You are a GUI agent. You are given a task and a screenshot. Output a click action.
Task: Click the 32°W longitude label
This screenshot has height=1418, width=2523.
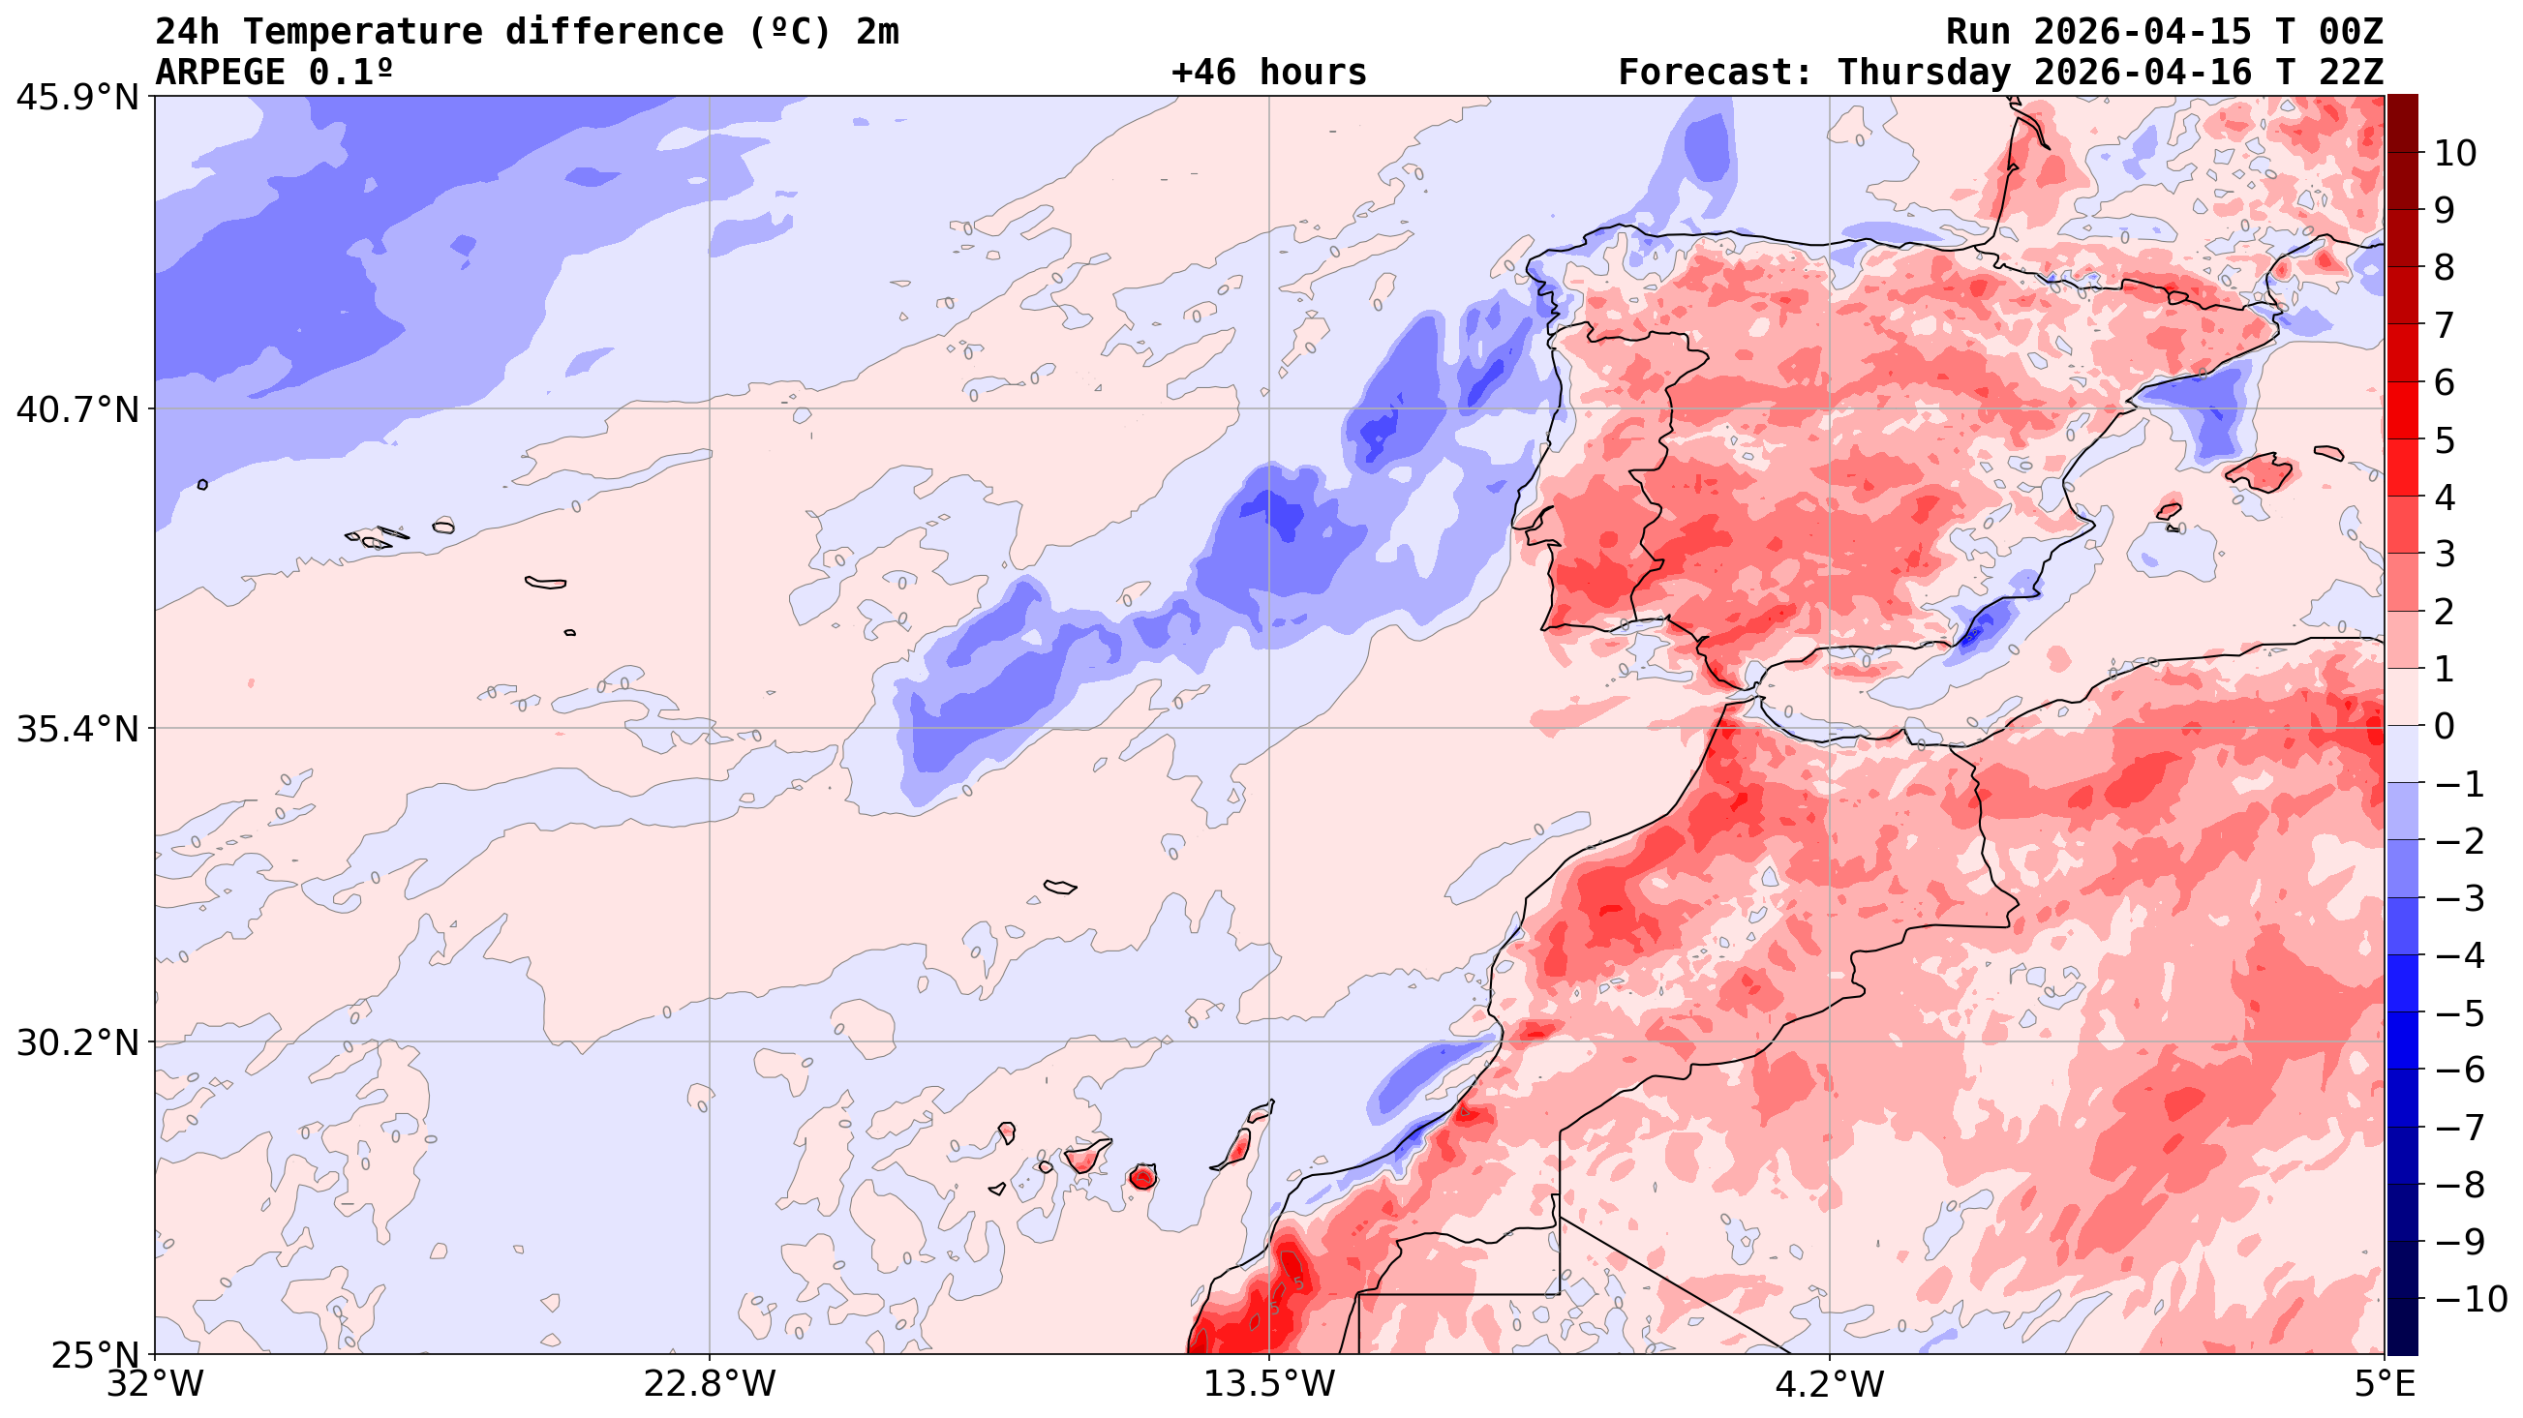pos(156,1384)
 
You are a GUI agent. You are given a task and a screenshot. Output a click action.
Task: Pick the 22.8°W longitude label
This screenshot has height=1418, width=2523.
pos(709,1384)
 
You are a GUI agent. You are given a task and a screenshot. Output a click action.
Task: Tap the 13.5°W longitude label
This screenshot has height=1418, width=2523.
pos(1269,1384)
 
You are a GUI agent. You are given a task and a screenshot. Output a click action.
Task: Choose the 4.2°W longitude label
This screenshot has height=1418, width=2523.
pos(1830,1384)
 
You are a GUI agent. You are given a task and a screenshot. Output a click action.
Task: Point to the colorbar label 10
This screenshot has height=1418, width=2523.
pos(2455,154)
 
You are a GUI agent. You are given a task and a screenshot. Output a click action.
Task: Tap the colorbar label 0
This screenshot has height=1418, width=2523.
pos(2445,727)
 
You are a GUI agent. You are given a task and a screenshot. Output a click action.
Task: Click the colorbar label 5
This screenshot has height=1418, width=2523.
pos(2445,440)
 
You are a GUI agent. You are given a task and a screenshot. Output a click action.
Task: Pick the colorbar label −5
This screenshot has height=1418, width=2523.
pos(2459,1013)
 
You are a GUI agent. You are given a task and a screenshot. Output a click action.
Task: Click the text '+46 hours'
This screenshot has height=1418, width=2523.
pos(1268,73)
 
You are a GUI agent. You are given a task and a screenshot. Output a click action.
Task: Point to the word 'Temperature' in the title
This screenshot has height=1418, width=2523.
pos(362,31)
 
